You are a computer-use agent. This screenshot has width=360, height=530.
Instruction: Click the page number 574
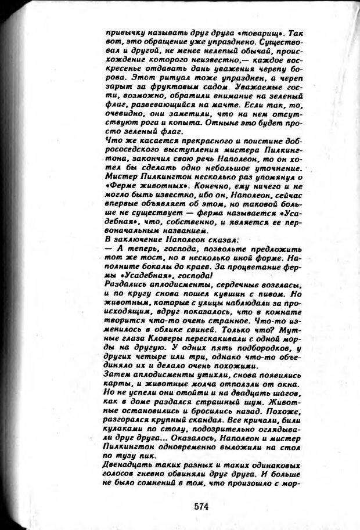[201, 506]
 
